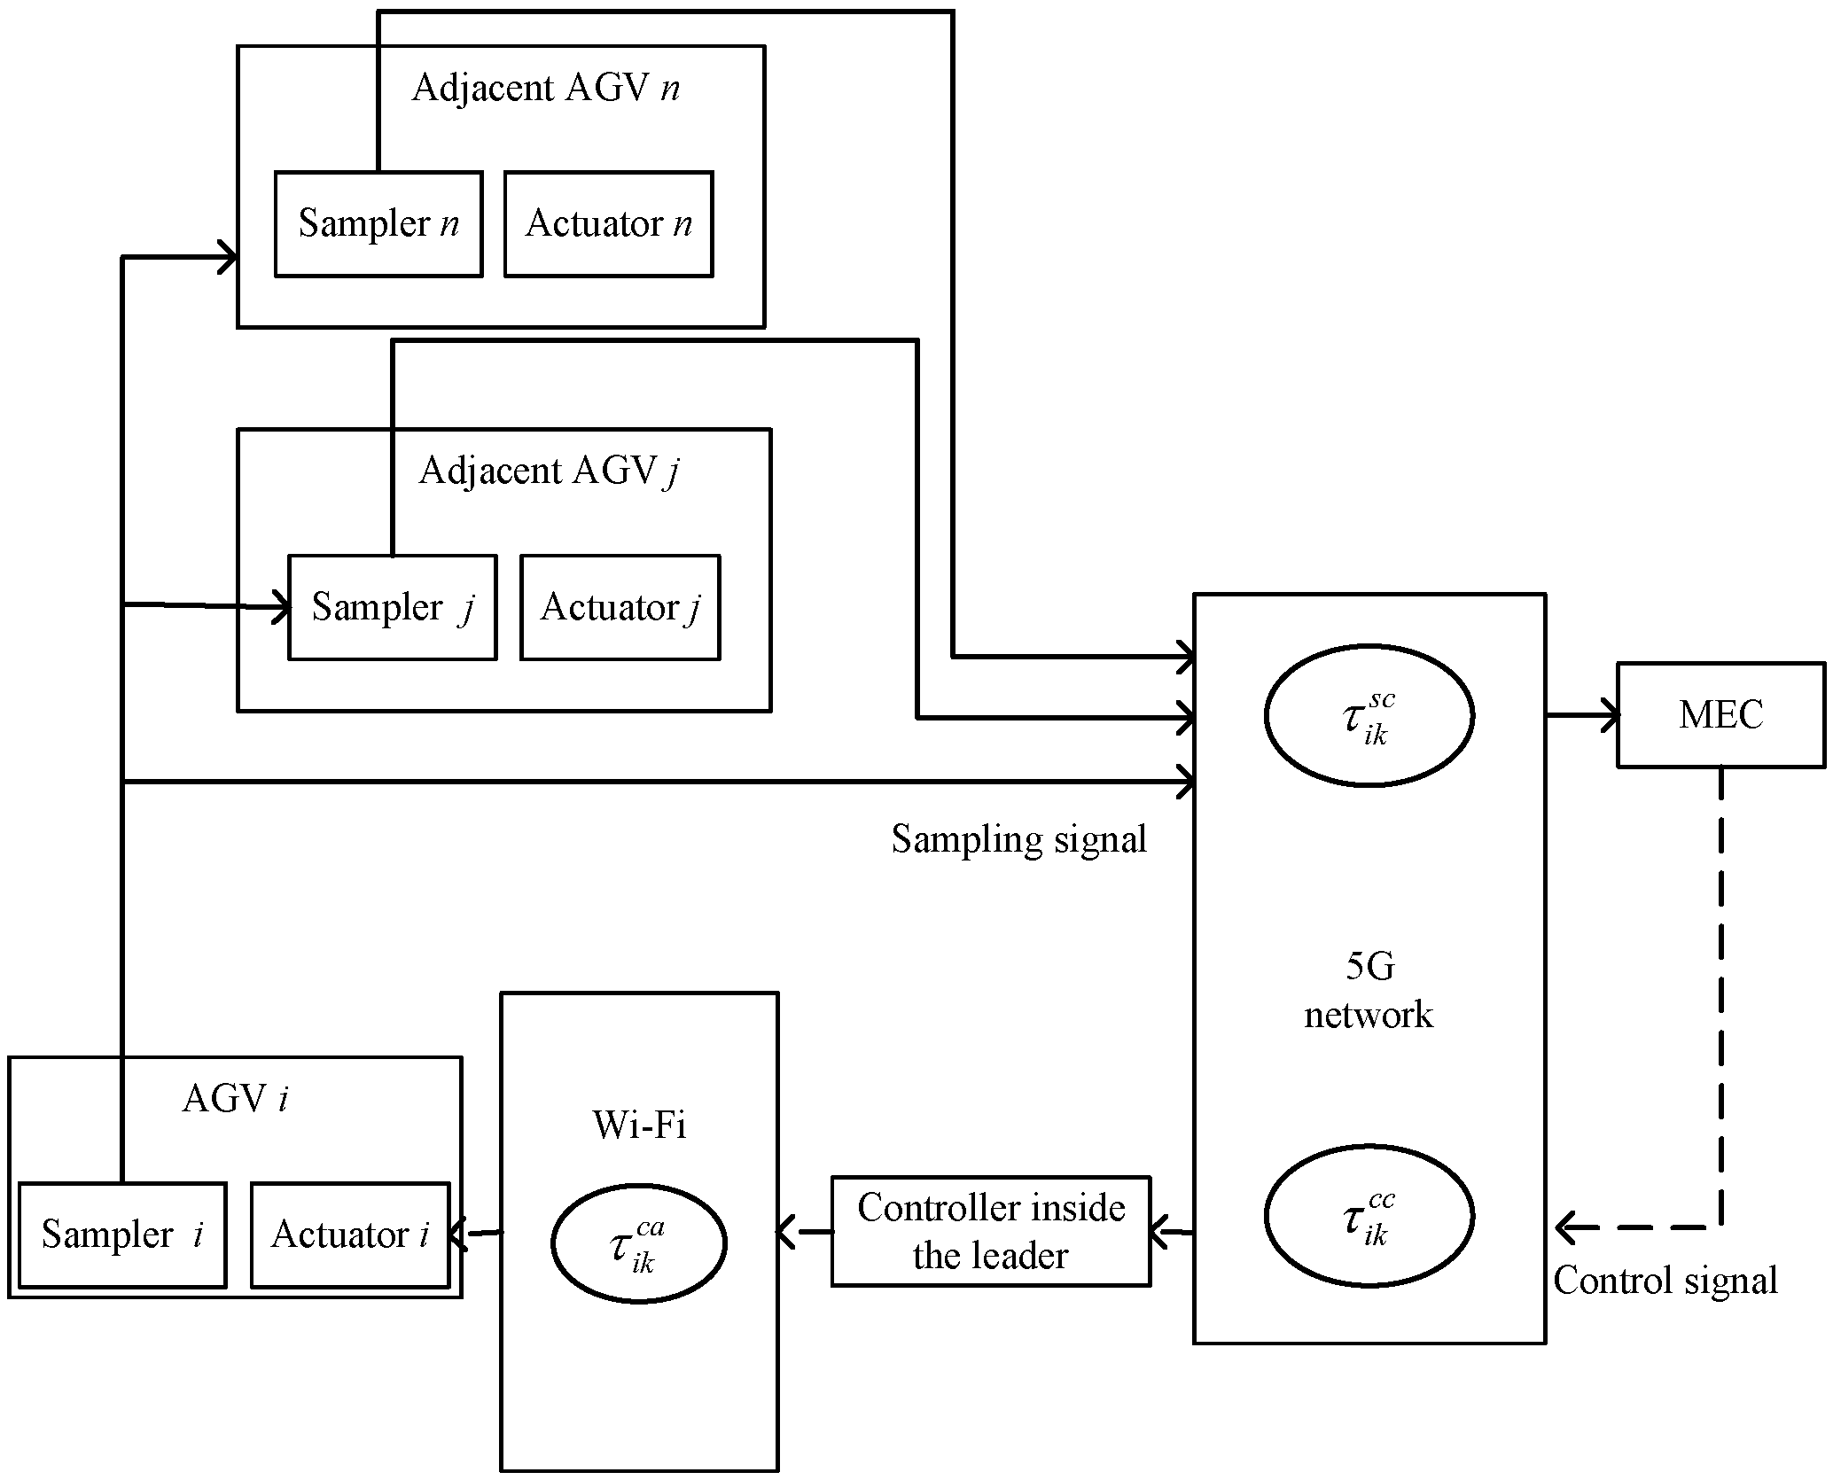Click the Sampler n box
point(378,223)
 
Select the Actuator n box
point(608,223)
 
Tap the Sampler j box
point(392,607)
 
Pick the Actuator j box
point(620,607)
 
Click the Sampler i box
point(122,1234)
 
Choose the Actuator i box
point(350,1234)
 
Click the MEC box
point(1720,714)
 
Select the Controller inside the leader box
point(990,1231)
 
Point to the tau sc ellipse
point(1369,715)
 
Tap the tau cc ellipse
point(1369,1216)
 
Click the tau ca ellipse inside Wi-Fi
point(638,1242)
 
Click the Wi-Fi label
point(638,1126)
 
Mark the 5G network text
point(1369,991)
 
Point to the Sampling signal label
point(1018,838)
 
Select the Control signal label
point(1665,1280)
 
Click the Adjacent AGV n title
point(545,88)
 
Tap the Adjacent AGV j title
point(548,471)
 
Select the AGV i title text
point(235,1099)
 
